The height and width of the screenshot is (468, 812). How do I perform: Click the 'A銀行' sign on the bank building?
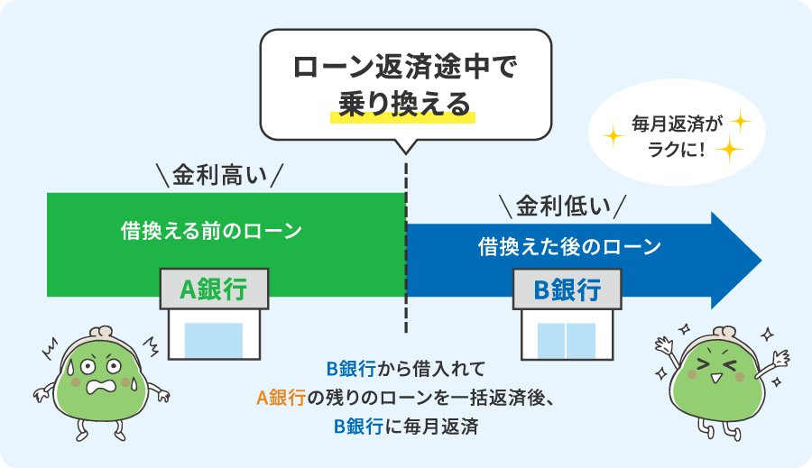click(x=213, y=289)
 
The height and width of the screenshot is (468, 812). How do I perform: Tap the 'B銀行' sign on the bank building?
click(x=567, y=289)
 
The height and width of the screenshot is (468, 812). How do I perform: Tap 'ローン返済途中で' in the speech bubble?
click(x=404, y=68)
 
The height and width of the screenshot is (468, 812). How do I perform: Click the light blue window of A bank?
click(x=214, y=341)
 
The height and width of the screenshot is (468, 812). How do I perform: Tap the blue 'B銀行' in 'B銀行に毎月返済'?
click(x=354, y=426)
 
